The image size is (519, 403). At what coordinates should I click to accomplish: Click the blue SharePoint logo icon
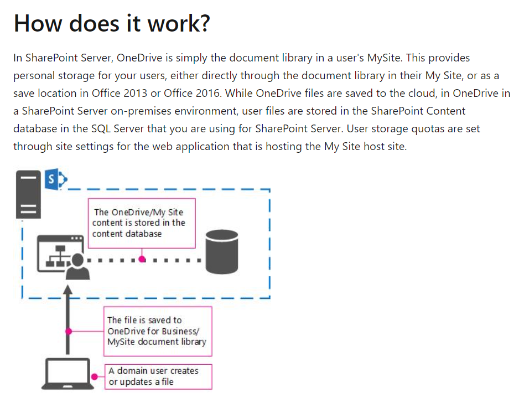(55, 180)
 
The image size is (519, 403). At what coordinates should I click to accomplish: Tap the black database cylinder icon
(224, 252)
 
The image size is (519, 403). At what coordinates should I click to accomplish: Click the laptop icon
(67, 375)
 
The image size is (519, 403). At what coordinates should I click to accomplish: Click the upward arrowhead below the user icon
(68, 291)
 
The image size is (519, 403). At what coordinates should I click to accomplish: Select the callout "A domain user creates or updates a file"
(158, 376)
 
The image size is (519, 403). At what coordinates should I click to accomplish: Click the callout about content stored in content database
(142, 223)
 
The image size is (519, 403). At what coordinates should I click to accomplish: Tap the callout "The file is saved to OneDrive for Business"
(157, 331)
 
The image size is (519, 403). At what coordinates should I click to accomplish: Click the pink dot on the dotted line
(142, 259)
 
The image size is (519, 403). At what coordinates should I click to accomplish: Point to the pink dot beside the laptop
(95, 376)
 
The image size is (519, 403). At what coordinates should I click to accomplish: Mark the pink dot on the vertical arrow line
(69, 331)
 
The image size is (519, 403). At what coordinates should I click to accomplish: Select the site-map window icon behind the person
(60, 250)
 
